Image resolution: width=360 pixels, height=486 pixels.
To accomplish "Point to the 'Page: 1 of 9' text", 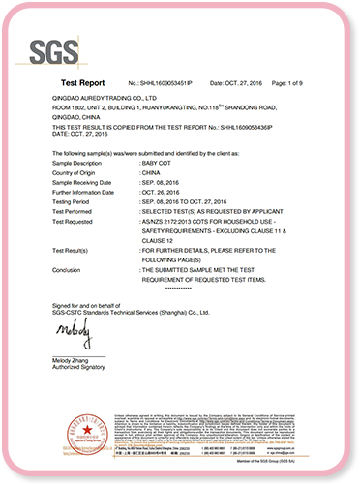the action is pyautogui.click(x=295, y=84).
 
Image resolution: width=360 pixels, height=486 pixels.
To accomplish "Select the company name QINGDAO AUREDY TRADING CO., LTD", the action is pyautogui.click(x=105, y=99).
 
